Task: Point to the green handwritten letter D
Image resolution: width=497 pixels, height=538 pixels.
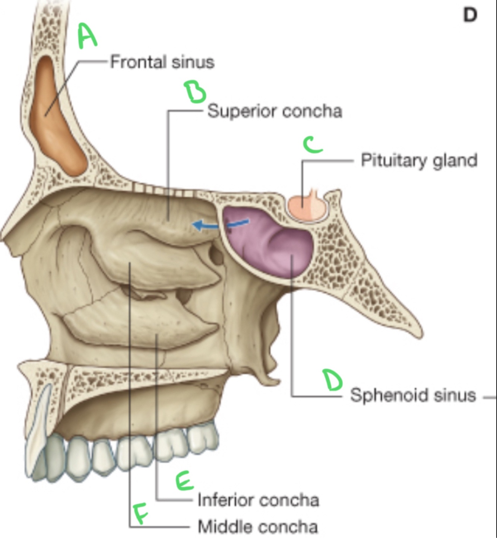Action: [332, 380]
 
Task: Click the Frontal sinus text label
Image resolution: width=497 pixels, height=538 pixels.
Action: [162, 62]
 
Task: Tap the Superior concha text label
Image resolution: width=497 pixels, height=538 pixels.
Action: [275, 111]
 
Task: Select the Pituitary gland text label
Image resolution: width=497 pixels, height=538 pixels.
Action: [419, 160]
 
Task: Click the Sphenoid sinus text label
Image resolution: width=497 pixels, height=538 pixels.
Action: [413, 395]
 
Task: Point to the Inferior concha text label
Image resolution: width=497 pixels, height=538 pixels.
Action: [258, 500]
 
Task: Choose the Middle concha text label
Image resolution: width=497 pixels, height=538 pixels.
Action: [257, 526]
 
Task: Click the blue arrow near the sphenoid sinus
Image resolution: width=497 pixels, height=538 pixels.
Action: [220, 224]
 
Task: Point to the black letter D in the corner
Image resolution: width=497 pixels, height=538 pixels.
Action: [470, 15]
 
